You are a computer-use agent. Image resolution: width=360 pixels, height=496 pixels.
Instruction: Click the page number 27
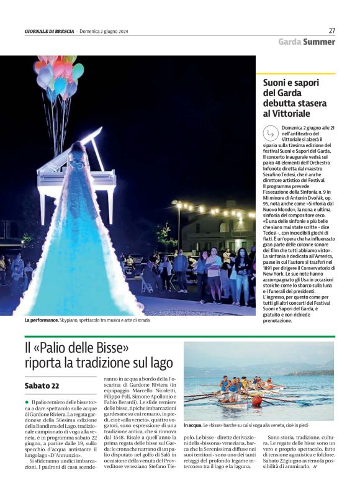(331, 30)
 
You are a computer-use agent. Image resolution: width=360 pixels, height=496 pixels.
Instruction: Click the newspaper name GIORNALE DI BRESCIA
(49, 32)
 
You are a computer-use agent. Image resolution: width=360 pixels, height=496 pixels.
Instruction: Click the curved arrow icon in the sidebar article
(269, 133)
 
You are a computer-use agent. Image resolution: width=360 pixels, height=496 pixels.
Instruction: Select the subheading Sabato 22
(42, 386)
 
